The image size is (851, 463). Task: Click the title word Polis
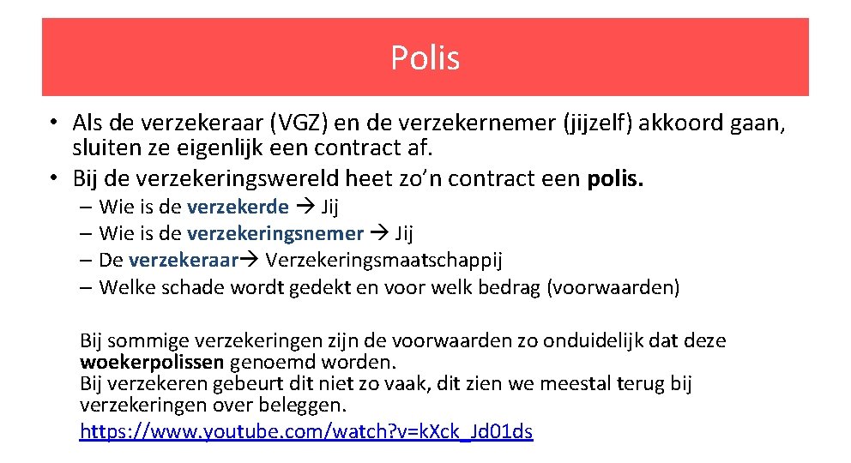pos(425,58)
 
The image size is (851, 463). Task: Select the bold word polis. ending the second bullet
pos(614,179)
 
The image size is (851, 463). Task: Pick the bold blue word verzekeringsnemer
pos(275,233)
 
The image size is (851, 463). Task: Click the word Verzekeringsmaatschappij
pos(384,260)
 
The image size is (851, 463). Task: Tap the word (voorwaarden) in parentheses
pos(613,287)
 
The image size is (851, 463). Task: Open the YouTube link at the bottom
pos(306,431)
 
